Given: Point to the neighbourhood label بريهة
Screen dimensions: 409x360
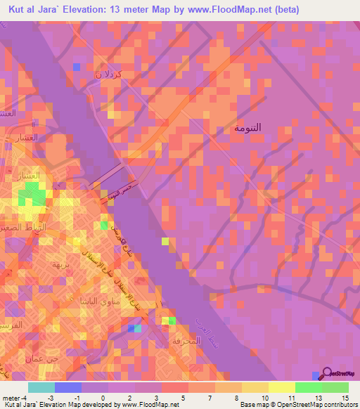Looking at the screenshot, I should point(57,264).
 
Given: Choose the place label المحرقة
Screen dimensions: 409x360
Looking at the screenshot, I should point(186,341).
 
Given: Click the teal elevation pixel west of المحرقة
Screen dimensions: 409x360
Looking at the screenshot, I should point(138,327).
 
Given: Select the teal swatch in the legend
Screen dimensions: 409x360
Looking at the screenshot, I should point(41,387).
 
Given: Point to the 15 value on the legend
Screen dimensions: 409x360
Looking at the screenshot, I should point(345,398).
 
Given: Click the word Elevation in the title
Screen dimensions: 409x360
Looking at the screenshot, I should point(93,10).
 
